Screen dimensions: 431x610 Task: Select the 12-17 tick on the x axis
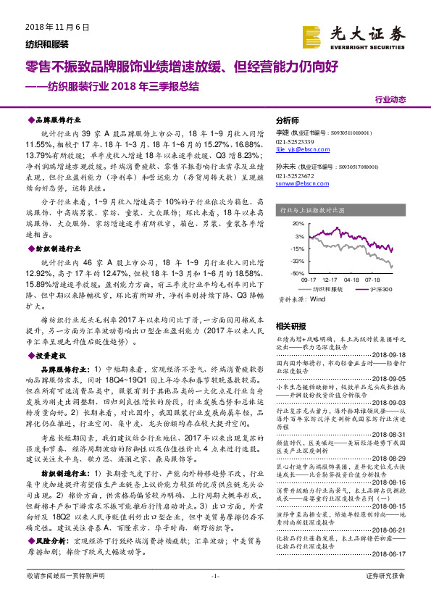pos(330,279)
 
